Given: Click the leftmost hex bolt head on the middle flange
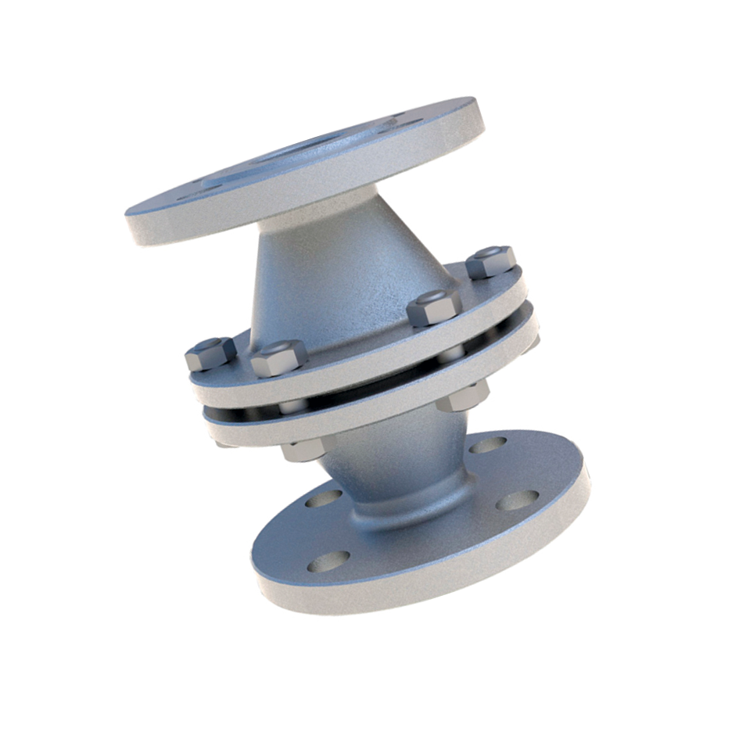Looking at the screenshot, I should [x=210, y=353].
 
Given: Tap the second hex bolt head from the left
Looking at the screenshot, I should [x=278, y=357].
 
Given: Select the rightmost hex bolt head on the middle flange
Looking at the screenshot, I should [x=491, y=261].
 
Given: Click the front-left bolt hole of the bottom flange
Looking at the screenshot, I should [x=329, y=561].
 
